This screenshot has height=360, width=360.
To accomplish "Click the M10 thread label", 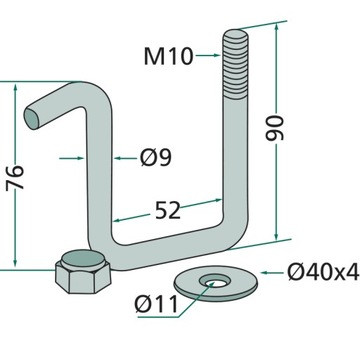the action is [x=168, y=56].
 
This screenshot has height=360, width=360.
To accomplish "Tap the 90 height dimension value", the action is [x=275, y=128].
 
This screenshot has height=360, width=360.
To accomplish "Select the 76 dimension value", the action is [x=15, y=177].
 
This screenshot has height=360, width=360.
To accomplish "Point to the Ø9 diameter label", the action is [x=156, y=158].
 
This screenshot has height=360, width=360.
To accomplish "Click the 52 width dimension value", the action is [x=168, y=210].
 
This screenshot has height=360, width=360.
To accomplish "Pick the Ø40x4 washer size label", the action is [x=323, y=272].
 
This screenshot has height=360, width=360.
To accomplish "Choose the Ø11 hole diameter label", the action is [x=156, y=304].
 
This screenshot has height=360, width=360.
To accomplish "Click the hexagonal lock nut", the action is [x=83, y=271].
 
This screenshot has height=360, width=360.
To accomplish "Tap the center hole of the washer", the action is [x=212, y=282].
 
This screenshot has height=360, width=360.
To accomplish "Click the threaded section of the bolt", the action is [x=235, y=65].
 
